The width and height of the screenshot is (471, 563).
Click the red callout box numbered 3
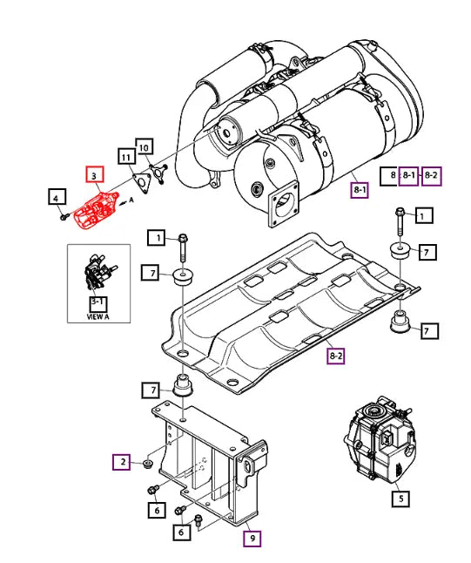[x=93, y=177]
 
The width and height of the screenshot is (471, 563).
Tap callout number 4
[x=55, y=198]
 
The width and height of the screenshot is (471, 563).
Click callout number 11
[x=127, y=158]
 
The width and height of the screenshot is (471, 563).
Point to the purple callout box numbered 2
[x=124, y=461]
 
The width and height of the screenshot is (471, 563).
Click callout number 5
[x=400, y=499]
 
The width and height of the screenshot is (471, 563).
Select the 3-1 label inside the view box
[x=98, y=302]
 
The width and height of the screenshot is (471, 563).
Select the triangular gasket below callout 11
[x=141, y=181]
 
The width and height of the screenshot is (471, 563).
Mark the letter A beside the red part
[x=131, y=200]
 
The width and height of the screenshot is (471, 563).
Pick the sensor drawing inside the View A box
[x=98, y=275]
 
